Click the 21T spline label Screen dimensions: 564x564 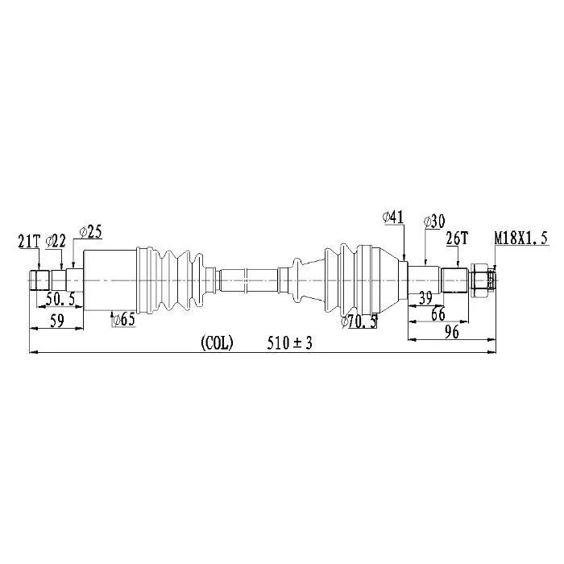click(29, 242)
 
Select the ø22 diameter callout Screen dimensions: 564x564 click(56, 241)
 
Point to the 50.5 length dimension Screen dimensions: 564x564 click(60, 299)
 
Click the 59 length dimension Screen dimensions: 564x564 click(57, 320)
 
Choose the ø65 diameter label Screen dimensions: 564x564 click(123, 319)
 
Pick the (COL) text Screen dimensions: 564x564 click(217, 342)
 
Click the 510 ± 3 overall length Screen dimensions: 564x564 click(289, 342)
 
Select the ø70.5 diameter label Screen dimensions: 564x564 click(359, 321)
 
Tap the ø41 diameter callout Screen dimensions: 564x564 click(393, 218)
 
